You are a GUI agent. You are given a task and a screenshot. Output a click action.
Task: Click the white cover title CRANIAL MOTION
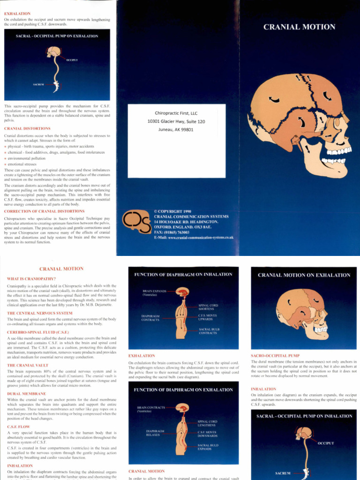tap(299, 27)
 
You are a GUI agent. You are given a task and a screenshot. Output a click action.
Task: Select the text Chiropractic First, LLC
tap(176, 113)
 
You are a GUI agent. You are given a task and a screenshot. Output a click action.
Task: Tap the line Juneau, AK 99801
tap(176, 130)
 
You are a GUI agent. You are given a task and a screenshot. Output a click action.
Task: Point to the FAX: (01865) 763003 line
tap(172, 232)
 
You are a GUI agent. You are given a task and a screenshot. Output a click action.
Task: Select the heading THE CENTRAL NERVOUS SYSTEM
tap(40, 313)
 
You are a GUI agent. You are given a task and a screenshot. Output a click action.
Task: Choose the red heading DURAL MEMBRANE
tap(27, 393)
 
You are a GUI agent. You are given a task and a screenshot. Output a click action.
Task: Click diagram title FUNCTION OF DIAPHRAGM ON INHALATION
tap(183, 274)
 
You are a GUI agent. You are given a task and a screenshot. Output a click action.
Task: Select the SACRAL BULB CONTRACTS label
tap(208, 331)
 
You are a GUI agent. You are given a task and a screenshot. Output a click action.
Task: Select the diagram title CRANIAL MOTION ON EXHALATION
tap(304, 275)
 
